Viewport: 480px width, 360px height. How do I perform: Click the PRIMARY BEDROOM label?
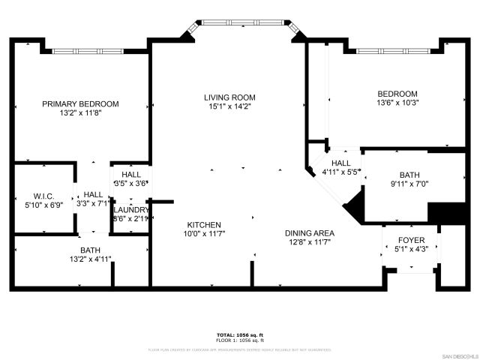tap(80, 104)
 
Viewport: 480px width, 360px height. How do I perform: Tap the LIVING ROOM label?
tap(229, 97)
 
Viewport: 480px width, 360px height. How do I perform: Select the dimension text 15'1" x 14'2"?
tap(229, 106)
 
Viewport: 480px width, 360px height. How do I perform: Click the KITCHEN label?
tap(203, 224)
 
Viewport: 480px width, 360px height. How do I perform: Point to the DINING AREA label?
tap(309, 233)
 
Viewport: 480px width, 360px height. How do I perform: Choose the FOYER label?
tap(410, 240)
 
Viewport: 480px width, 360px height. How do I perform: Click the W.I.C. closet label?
tap(39, 194)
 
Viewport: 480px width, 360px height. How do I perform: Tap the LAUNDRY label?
tap(130, 209)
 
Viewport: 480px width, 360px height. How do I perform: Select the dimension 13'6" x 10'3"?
tap(397, 103)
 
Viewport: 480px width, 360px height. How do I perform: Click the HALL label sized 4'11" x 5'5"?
tap(340, 163)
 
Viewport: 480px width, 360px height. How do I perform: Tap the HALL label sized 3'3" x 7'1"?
tap(93, 193)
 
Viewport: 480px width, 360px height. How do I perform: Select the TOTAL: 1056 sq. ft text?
tap(240, 334)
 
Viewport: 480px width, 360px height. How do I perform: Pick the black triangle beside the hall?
tap(355, 201)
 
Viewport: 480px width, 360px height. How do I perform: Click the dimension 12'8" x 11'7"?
tap(309, 242)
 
